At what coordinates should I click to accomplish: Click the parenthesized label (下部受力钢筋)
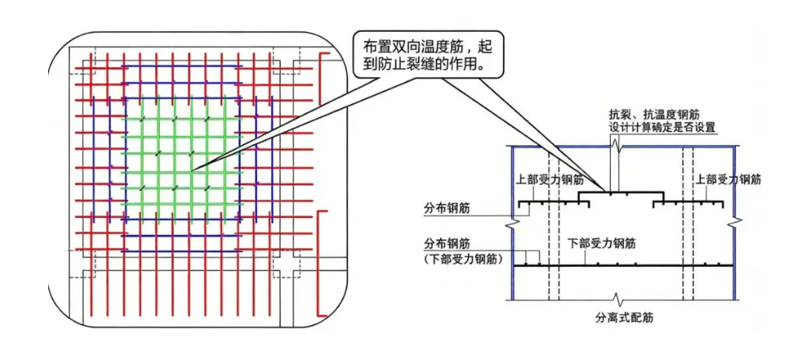coord(464,259)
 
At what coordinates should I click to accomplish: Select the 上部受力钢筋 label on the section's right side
coord(728,179)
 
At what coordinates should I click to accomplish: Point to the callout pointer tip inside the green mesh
coord(192,171)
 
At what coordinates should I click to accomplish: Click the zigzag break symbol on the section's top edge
coord(615,146)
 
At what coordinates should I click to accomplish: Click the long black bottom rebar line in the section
coord(623,265)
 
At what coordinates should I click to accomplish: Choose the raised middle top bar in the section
coord(622,192)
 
